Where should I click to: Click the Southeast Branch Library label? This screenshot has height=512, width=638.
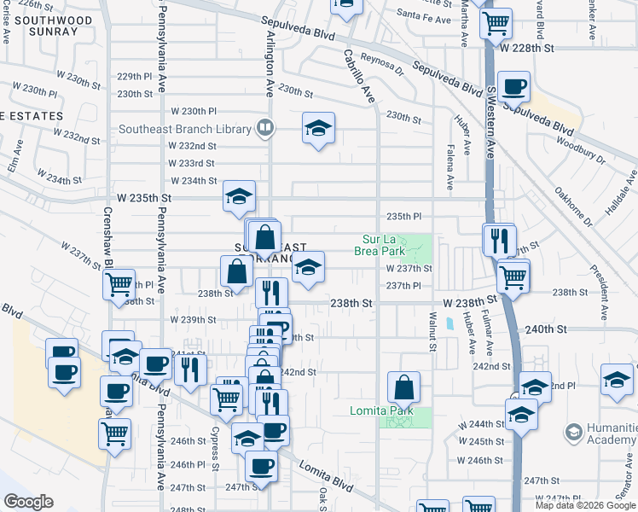(185, 130)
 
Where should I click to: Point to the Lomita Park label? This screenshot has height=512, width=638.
(382, 410)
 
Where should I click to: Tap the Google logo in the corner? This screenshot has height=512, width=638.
(28, 502)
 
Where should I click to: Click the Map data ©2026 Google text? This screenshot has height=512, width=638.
(586, 505)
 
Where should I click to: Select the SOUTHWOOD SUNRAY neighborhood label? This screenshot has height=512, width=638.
(55, 26)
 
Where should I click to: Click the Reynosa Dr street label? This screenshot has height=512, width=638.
(380, 60)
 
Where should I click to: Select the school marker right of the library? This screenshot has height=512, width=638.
(318, 129)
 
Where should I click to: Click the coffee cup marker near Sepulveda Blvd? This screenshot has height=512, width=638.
(513, 86)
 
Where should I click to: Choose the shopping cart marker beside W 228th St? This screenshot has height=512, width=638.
(495, 22)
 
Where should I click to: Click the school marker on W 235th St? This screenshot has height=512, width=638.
(240, 195)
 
